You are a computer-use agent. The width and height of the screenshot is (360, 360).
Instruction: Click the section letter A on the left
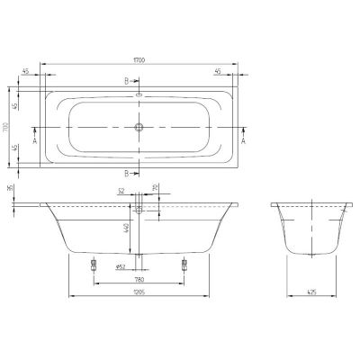pyautogui.click(x=34, y=141)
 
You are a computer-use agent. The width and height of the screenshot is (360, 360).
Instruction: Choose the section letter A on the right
pyautogui.click(x=245, y=141)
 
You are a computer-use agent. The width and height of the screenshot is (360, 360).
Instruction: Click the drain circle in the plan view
pyautogui.click(x=139, y=128)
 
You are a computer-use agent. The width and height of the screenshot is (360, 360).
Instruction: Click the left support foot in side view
pyautogui.click(x=94, y=265)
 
